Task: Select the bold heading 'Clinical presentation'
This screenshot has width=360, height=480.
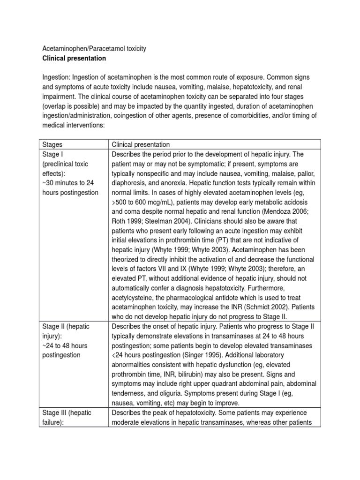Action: point(74,59)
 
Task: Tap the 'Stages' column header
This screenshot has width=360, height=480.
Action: point(52,144)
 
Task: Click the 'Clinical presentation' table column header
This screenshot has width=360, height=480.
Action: point(141,144)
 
